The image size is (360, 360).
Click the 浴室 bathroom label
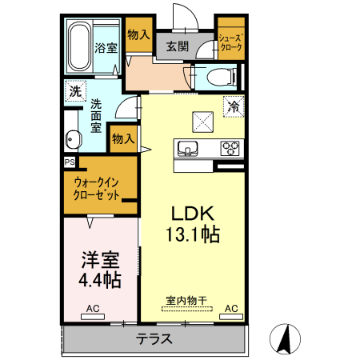point(106,47)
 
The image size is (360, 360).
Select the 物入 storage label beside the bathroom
point(138,34)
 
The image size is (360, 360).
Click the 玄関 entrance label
point(178,46)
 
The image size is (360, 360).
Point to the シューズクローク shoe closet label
point(230,42)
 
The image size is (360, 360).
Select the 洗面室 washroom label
point(96,115)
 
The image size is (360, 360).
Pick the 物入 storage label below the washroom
point(123,139)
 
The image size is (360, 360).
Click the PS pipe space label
point(69,161)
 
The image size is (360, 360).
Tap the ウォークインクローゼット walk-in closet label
point(98,189)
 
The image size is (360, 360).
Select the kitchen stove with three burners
point(230,148)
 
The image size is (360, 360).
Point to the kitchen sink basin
point(189,148)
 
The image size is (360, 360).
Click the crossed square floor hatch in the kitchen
point(202,122)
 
